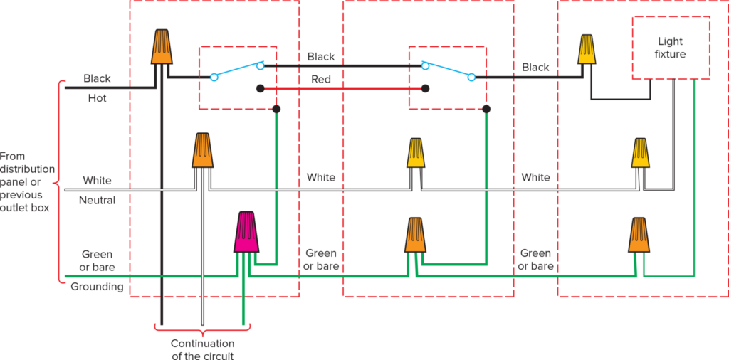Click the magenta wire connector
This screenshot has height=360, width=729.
tap(246, 233)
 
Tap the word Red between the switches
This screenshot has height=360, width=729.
tap(321, 80)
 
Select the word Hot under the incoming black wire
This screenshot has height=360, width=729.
tap(97, 98)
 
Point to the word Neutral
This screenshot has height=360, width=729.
tap(97, 201)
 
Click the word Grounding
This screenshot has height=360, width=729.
tap(97, 287)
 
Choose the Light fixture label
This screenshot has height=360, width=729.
tap(671, 47)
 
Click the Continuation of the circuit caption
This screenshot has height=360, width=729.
tap(202, 349)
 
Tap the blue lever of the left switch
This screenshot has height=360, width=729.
tap(238, 70)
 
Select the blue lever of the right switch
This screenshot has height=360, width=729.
tap(449, 70)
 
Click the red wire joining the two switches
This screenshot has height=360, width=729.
tap(342, 89)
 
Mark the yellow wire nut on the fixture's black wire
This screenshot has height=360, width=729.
tap(587, 49)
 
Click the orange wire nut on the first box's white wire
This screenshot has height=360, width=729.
tap(203, 150)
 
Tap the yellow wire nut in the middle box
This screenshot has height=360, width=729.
tap(416, 152)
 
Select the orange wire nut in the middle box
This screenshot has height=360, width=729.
tap(416, 235)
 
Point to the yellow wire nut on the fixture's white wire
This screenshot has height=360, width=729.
tap(641, 152)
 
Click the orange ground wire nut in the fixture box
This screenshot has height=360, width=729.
tap(639, 235)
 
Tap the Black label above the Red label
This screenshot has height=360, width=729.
tap(321, 56)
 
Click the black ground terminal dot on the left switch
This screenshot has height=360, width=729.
tap(276, 109)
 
